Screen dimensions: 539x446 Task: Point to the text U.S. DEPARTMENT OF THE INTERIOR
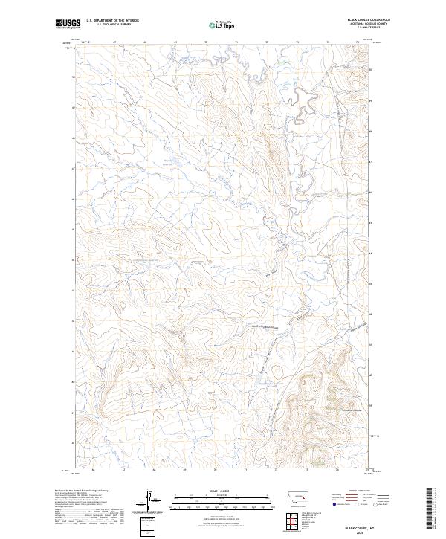click(x=112, y=21)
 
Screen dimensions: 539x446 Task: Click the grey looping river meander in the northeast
click(x=300, y=100)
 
